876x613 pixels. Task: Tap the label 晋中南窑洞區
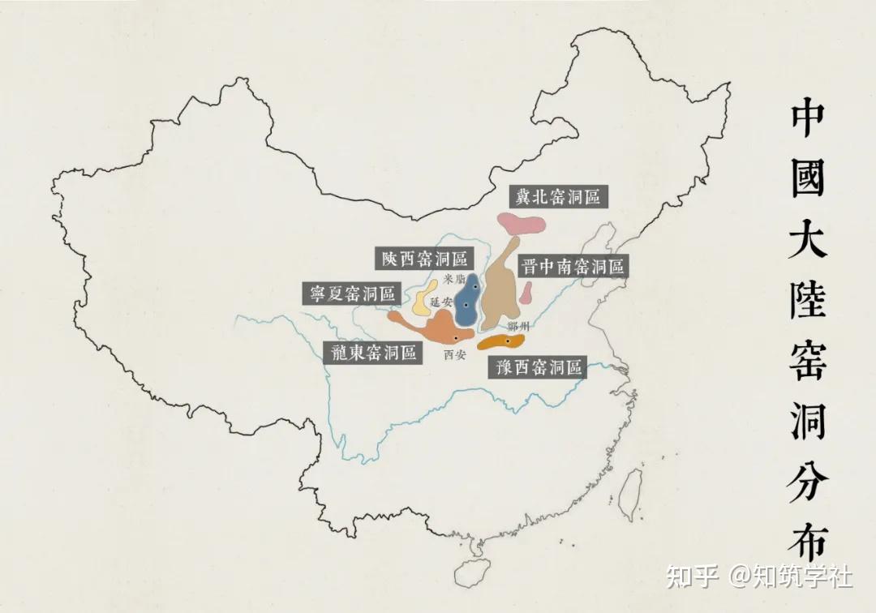(x=573, y=267)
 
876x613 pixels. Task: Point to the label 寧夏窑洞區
(x=352, y=294)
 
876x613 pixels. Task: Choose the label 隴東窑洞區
(x=373, y=352)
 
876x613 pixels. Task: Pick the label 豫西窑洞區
(x=536, y=367)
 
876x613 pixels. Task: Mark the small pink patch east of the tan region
(x=526, y=291)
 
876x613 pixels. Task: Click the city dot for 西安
(x=457, y=337)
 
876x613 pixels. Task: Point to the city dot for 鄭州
(x=509, y=341)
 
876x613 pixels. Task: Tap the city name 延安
(x=442, y=302)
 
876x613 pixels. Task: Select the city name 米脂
(x=455, y=279)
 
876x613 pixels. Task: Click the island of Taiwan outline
(x=629, y=495)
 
